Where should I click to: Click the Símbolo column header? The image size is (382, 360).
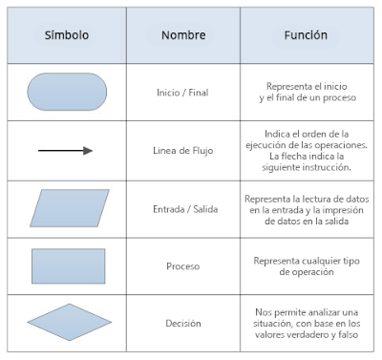click(66, 35)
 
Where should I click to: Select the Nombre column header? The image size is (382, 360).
click(182, 35)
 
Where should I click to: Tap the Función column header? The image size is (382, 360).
click(306, 35)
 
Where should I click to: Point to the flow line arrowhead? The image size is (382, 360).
click(88, 150)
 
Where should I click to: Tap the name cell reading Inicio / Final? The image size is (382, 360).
click(182, 94)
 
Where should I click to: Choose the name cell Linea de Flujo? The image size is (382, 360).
click(182, 151)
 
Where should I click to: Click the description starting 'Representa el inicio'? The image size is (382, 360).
click(307, 93)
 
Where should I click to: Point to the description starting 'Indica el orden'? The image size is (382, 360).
click(307, 150)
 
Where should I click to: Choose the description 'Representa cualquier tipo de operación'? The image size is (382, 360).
click(307, 265)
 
